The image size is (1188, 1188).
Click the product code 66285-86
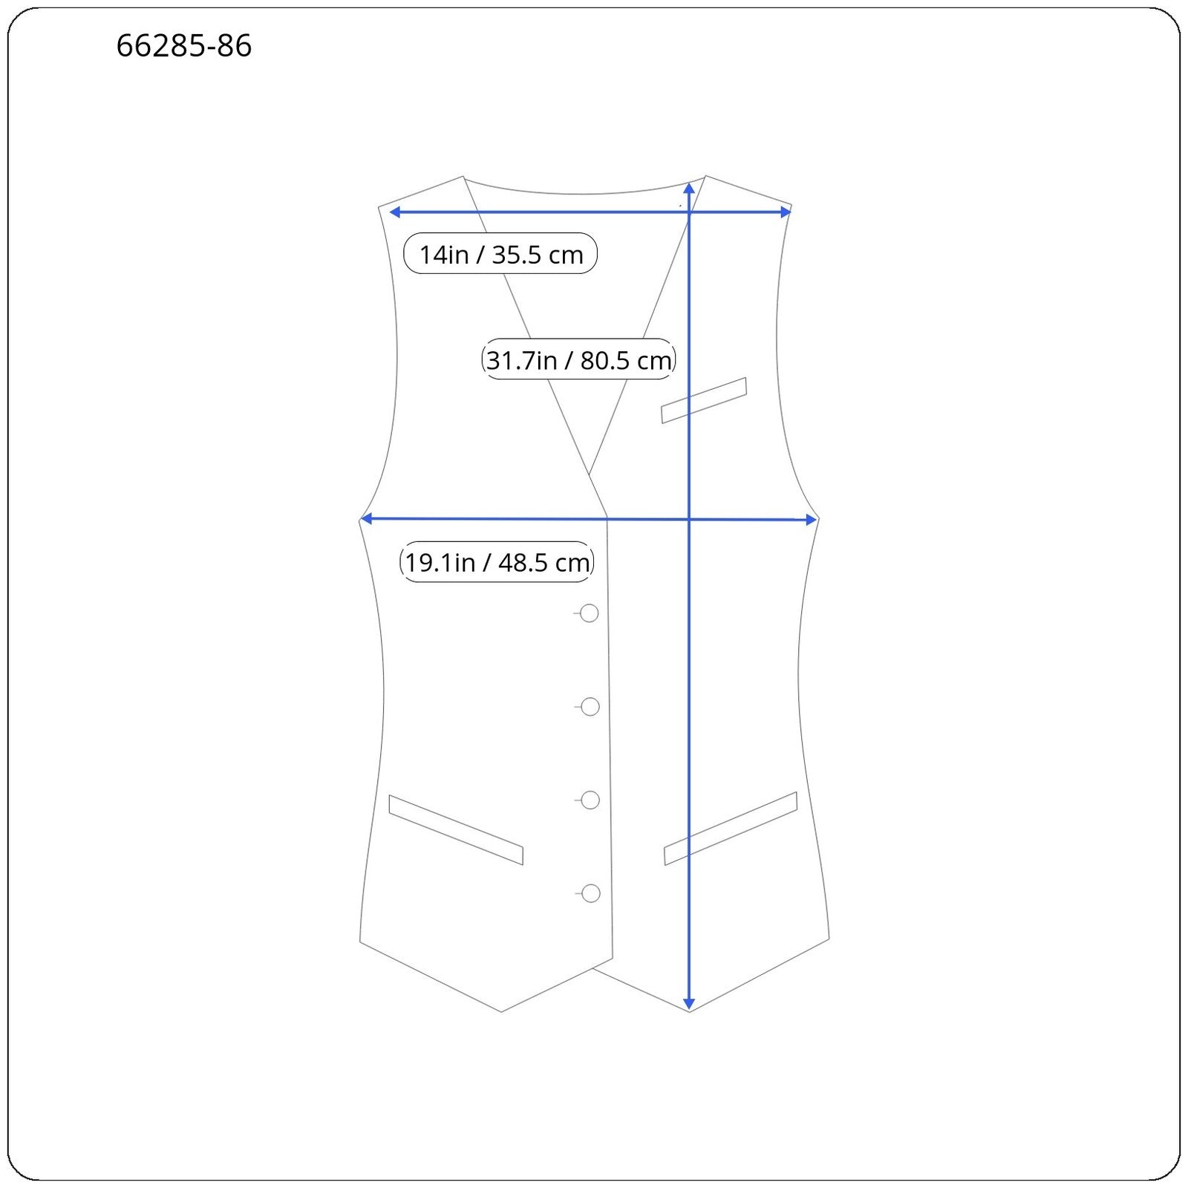(184, 46)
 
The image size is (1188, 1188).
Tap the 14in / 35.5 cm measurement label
(500, 254)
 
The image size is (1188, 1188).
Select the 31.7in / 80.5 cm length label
(578, 360)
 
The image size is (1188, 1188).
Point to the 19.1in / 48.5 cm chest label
(497, 562)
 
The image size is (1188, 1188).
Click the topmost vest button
(590, 613)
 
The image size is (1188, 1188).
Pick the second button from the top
(590, 707)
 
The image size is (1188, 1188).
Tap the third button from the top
(590, 800)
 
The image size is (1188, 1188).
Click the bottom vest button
(591, 893)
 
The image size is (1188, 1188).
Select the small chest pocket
(704, 400)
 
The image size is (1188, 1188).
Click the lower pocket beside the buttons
(456, 830)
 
